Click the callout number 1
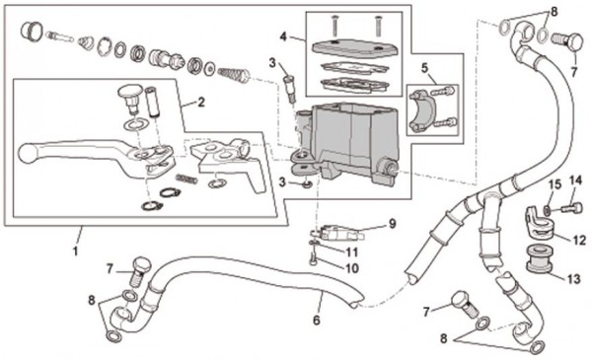pyautogui.click(x=76, y=251)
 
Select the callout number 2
pyautogui.click(x=201, y=102)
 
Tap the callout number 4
pyautogui.click(x=284, y=36)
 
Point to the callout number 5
pyautogui.click(x=425, y=68)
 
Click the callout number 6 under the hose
pyautogui.click(x=317, y=320)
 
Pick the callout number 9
pyautogui.click(x=393, y=224)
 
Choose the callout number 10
pyautogui.click(x=352, y=268)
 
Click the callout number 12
pyautogui.click(x=579, y=240)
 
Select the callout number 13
pyautogui.click(x=574, y=279)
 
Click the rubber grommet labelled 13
pyautogui.click(x=539, y=258)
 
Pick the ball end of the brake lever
pyautogui.click(x=28, y=153)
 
